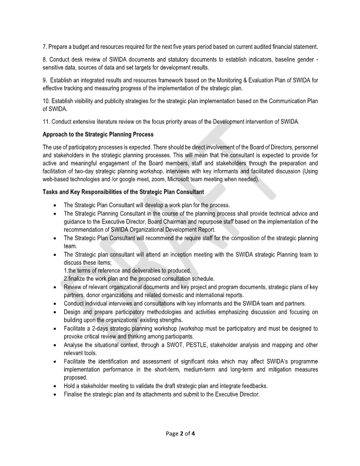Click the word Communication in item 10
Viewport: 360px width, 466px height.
coord(283,101)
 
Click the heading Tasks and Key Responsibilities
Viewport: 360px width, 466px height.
coord(123,192)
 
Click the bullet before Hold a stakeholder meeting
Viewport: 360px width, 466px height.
coord(55,386)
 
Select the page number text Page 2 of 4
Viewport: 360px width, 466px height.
coord(180,434)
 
